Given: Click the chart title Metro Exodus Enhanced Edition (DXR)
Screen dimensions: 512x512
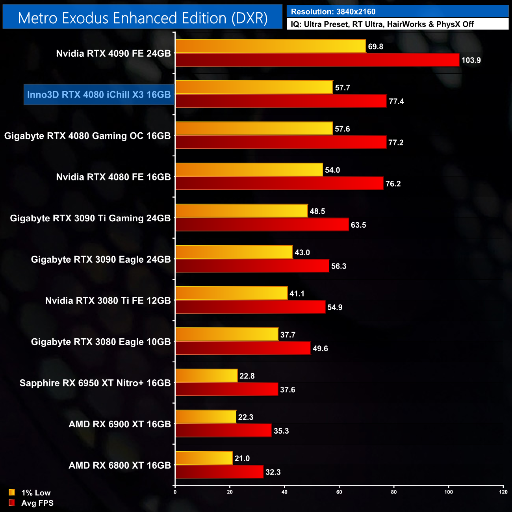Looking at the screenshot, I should tap(143, 18).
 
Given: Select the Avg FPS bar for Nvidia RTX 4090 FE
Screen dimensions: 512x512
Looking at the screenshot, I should tap(317, 60).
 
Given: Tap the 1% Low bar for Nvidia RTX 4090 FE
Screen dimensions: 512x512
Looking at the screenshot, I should tap(271, 46).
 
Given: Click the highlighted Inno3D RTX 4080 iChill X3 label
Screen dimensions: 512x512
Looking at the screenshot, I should tap(99, 95).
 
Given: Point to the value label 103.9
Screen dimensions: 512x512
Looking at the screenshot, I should tap(471, 60).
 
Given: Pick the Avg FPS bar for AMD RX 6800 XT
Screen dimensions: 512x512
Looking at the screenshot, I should tap(219, 472).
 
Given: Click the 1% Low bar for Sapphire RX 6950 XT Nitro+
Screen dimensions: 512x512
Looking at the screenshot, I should tap(206, 376).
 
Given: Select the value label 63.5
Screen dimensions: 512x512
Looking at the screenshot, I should tap(358, 225).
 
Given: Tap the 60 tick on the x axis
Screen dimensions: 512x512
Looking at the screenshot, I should tap(339, 492).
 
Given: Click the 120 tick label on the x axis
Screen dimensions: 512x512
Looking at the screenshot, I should tap(503, 492).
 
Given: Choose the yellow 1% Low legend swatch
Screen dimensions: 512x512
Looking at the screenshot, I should tap(12, 492).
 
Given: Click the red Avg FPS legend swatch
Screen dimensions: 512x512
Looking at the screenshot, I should tap(12, 503).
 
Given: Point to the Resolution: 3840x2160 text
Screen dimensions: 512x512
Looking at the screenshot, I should tap(333, 12).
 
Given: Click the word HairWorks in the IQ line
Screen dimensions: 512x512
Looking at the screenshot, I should tap(406, 24).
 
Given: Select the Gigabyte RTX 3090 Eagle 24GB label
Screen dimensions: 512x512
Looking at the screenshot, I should tap(101, 260).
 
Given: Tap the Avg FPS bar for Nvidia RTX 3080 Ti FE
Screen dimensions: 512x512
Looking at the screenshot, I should tap(250, 307).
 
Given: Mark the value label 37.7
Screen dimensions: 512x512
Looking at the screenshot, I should tap(288, 335).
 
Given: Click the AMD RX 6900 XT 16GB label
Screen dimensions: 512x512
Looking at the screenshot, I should tap(120, 424).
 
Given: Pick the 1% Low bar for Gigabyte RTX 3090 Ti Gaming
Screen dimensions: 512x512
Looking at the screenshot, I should tap(241, 211).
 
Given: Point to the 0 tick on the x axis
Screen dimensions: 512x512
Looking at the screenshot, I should tap(175, 492).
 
